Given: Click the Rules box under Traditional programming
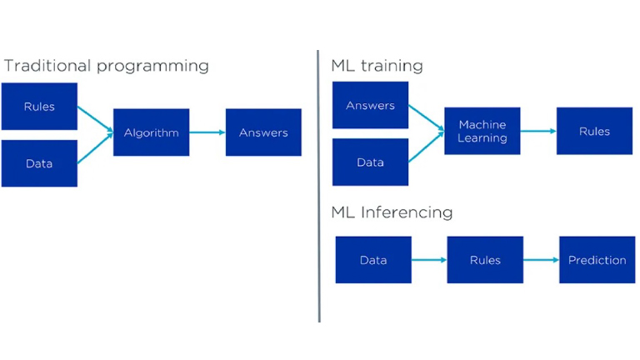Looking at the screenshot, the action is pyautogui.click(x=39, y=107).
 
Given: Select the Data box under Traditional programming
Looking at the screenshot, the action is pyautogui.click(x=39, y=163).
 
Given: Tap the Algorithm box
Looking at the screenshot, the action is pyautogui.click(x=152, y=132).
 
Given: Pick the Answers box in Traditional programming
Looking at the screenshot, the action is pyautogui.click(x=263, y=132).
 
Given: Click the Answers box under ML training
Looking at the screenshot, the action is pyautogui.click(x=370, y=105).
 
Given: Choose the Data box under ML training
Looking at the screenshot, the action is pyautogui.click(x=370, y=162).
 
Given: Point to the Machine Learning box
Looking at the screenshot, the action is pyautogui.click(x=482, y=131).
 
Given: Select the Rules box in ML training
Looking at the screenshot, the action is pyautogui.click(x=595, y=131).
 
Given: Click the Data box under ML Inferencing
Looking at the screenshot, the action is pyautogui.click(x=373, y=260).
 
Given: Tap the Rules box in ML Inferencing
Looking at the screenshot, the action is pyautogui.click(x=485, y=260).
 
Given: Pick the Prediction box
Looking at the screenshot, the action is pyautogui.click(x=597, y=260).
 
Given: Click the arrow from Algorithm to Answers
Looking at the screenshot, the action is pyautogui.click(x=207, y=132).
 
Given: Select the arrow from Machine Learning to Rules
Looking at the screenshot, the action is pyautogui.click(x=538, y=131).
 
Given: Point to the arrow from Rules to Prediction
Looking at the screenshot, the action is pyautogui.click(x=541, y=260).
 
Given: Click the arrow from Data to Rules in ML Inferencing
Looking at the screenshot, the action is pyautogui.click(x=429, y=260).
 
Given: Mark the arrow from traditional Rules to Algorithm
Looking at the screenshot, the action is pyautogui.click(x=95, y=119).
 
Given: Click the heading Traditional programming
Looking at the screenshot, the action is pyautogui.click(x=107, y=66).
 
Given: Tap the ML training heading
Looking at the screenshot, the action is pyautogui.click(x=377, y=66).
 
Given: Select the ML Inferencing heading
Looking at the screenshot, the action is pyautogui.click(x=392, y=212).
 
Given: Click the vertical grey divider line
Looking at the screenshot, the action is pyautogui.click(x=319, y=186).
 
